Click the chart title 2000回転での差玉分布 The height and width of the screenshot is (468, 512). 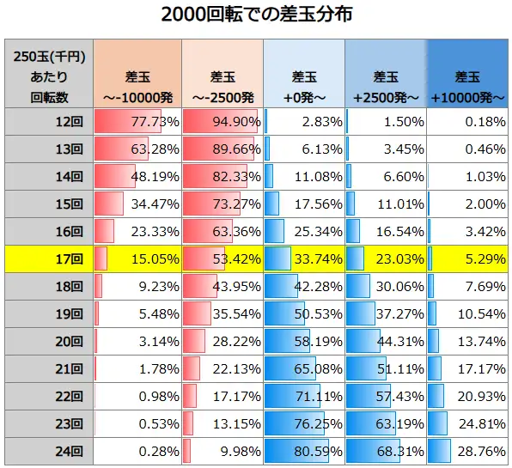click(256, 16)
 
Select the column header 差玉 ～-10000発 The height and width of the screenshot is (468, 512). click(137, 76)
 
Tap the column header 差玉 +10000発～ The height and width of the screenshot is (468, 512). click(468, 76)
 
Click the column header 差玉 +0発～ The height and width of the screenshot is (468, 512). click(303, 76)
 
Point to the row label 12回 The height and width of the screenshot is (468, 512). click(48, 122)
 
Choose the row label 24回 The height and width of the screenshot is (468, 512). click(48, 451)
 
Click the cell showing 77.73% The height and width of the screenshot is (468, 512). click(137, 122)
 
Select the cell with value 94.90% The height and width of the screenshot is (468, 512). click(221, 122)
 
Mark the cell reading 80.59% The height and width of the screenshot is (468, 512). click(303, 451)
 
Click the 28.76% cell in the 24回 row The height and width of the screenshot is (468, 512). click(468, 451)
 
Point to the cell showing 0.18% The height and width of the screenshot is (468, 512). click(468, 122)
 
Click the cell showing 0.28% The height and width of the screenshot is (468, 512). click(137, 451)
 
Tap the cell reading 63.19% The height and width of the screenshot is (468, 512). click(386, 423)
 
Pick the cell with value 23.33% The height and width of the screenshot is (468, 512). click(137, 231)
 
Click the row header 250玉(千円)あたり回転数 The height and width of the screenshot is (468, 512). click(48, 76)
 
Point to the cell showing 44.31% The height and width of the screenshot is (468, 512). click(386, 341)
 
